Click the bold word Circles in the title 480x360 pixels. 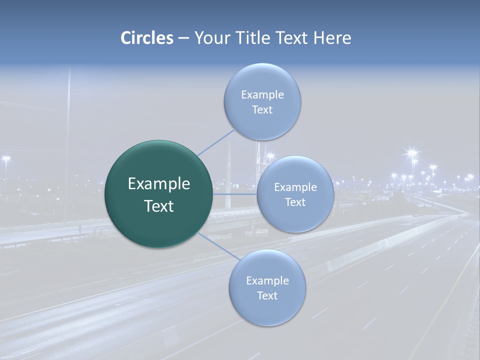[x=146, y=38]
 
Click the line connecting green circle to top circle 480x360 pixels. [x=216, y=142]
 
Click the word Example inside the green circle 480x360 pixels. [x=159, y=184]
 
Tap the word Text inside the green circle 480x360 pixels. [x=159, y=206]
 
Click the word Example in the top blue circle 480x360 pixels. [x=262, y=94]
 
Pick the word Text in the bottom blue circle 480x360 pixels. [x=267, y=295]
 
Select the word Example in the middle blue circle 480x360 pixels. [x=295, y=187]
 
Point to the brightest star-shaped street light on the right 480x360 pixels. [x=412, y=153]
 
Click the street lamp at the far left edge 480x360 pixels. [x=6, y=159]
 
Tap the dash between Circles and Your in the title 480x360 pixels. [x=183, y=38]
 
